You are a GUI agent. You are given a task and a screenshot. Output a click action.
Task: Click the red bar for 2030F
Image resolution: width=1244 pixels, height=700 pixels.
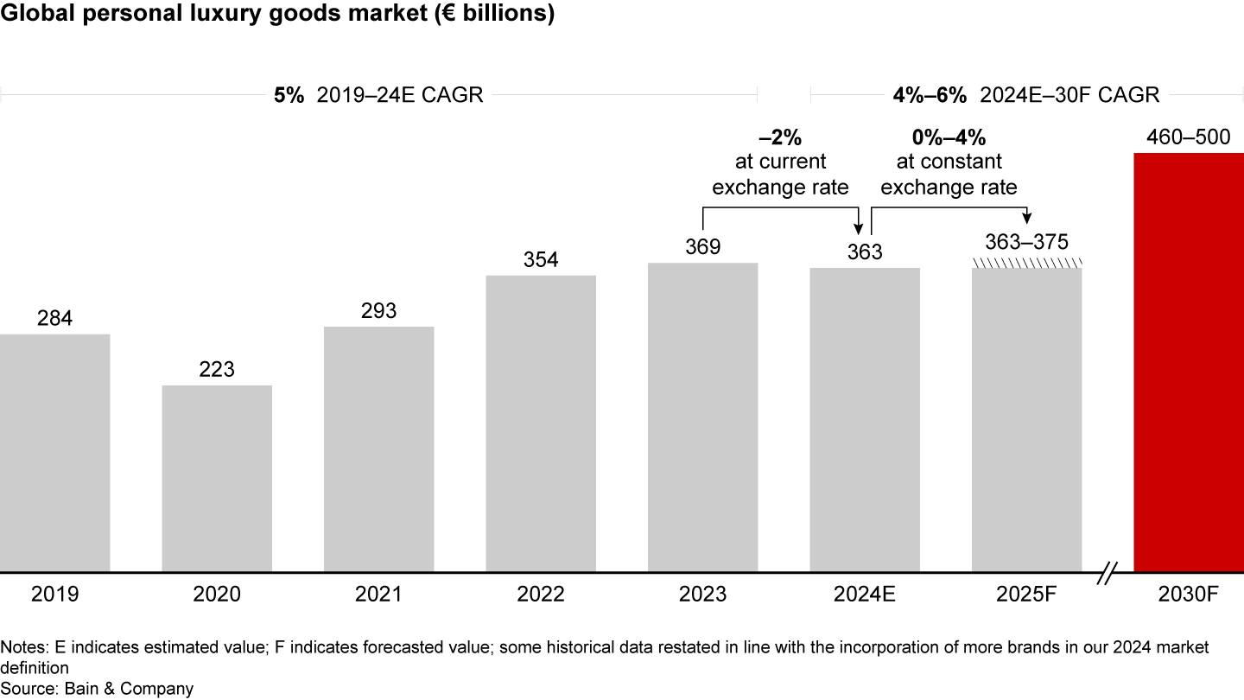tap(1189, 362)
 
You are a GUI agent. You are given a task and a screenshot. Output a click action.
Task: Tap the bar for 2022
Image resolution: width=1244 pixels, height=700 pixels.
tap(541, 423)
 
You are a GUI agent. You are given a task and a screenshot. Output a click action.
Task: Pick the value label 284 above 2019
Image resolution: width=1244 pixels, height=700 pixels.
tap(54, 319)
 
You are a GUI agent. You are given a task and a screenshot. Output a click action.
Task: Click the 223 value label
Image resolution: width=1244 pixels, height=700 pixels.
tap(217, 370)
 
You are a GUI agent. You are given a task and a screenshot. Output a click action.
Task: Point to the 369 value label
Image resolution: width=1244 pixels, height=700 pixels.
tap(702, 247)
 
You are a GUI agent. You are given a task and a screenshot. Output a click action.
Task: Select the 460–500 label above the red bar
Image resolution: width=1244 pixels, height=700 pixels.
tap(1189, 137)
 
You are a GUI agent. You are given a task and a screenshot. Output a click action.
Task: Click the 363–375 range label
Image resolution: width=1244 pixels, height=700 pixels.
tap(1026, 241)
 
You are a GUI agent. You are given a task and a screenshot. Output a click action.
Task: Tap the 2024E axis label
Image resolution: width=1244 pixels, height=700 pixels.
tap(865, 595)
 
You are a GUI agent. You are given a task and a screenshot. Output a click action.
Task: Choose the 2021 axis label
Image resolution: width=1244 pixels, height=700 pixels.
tap(378, 595)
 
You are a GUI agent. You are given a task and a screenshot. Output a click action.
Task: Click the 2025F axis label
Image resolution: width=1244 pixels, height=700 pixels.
tap(1026, 595)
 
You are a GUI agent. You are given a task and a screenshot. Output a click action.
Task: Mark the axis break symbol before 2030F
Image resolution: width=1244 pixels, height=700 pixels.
tap(1109, 572)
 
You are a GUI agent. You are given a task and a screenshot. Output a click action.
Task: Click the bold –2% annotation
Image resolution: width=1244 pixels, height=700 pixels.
tap(780, 137)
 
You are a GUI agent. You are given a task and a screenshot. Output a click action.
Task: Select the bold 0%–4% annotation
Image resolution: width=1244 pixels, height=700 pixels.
tap(949, 137)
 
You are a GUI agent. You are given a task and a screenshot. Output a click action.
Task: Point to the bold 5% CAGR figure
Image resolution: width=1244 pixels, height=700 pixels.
tap(289, 96)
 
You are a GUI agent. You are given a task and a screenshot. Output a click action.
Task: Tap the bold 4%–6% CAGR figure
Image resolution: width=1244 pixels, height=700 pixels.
tap(930, 96)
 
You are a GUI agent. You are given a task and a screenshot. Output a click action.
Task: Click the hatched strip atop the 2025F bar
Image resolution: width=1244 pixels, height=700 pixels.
tap(1026, 263)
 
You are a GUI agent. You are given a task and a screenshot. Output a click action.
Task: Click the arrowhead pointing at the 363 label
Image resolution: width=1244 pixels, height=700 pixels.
tap(859, 229)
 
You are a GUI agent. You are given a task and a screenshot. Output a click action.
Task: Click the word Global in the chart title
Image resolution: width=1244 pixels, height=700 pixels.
tap(32, 15)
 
